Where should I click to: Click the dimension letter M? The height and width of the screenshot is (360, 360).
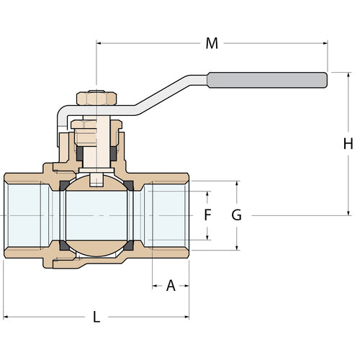pos(211,44)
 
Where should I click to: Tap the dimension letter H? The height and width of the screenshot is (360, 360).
pos(348,143)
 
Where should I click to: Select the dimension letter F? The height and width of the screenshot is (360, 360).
pos(207,215)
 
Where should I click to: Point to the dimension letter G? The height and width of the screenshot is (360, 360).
pos(236,215)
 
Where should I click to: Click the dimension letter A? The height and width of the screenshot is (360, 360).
pos(171,286)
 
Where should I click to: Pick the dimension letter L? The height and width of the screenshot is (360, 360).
pos(96,316)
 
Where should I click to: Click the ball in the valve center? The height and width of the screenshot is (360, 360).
pos(96,215)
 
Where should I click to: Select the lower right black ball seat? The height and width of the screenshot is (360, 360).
pos(128,246)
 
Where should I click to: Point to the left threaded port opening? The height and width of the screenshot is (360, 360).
pos(27,215)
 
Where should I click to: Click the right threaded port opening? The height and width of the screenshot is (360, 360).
pos(166,215)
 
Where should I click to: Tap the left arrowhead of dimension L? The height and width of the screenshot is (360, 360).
pos(6,316)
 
